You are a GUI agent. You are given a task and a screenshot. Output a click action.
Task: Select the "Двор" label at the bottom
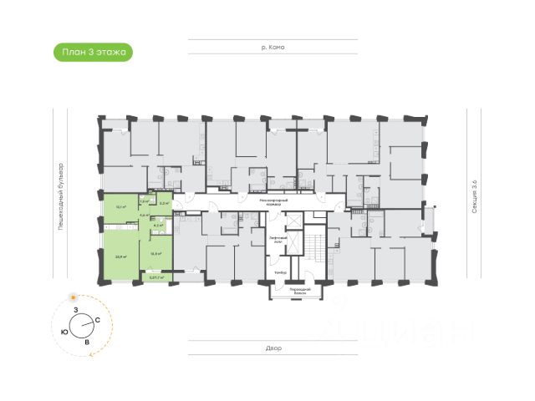pos(273,348)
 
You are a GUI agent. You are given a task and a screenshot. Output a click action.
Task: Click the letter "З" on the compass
pos(75,310)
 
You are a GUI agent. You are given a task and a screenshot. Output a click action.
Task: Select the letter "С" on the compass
pos(98,320)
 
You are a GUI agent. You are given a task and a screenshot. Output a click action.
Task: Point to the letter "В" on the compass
pos(87,342)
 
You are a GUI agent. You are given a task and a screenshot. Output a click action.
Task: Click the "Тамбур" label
pos(281,273)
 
